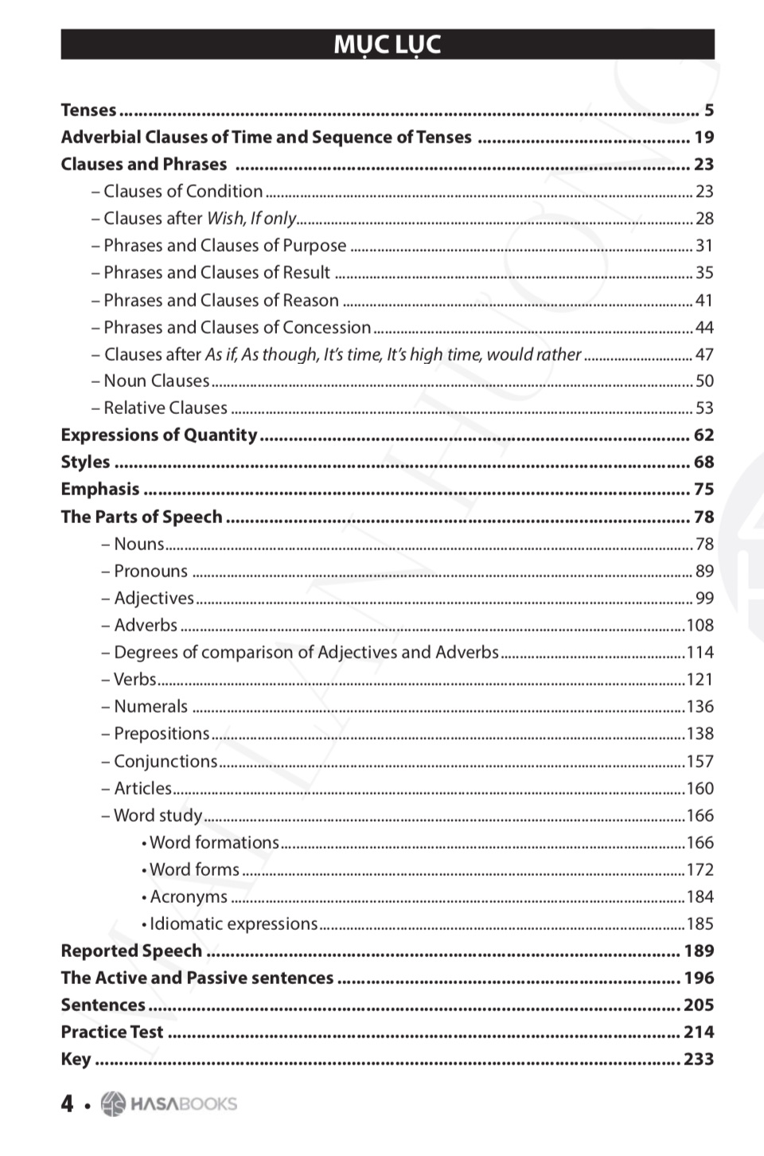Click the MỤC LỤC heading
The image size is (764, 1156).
pyautogui.click(x=388, y=45)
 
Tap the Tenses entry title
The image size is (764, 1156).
pyautogui.click(x=89, y=110)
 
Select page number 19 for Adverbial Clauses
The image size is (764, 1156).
pyautogui.click(x=704, y=137)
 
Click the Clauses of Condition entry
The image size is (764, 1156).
pyautogui.click(x=183, y=191)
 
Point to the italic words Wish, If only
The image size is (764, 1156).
pyautogui.click(x=251, y=218)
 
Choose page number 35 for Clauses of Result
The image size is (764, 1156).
pyautogui.click(x=704, y=272)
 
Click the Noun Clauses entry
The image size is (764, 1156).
pyautogui.click(x=157, y=381)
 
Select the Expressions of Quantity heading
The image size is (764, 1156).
pyautogui.click(x=159, y=435)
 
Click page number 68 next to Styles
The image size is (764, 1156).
pyautogui.click(x=704, y=462)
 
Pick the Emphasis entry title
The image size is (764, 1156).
pyautogui.click(x=100, y=489)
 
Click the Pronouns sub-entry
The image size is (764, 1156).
pyautogui.click(x=150, y=571)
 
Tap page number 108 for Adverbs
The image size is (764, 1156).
pyautogui.click(x=700, y=625)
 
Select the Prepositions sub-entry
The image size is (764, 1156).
pyautogui.click(x=162, y=733)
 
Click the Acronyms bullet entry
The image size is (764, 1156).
pyautogui.click(x=189, y=896)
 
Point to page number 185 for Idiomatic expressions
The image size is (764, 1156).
pyautogui.click(x=700, y=924)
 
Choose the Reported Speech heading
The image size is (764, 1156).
pyautogui.click(x=131, y=951)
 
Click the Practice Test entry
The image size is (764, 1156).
pyautogui.click(x=112, y=1032)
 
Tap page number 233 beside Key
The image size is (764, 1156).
pyautogui.click(x=699, y=1059)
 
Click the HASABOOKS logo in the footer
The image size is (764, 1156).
pyautogui.click(x=170, y=1103)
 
